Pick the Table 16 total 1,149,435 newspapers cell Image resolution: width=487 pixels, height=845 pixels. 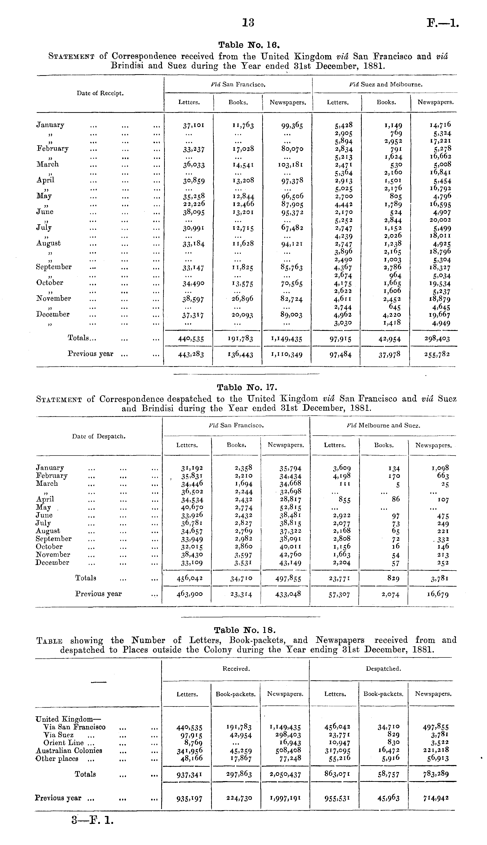287,339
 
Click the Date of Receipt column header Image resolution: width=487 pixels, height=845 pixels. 100,93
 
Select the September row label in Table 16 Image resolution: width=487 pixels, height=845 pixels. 54,267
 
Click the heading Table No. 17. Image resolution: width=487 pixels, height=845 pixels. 247,387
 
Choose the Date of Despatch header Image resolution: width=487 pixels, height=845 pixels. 99,436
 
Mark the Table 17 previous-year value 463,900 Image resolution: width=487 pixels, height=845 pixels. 189,594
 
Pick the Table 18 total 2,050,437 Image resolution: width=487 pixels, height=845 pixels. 285,774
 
